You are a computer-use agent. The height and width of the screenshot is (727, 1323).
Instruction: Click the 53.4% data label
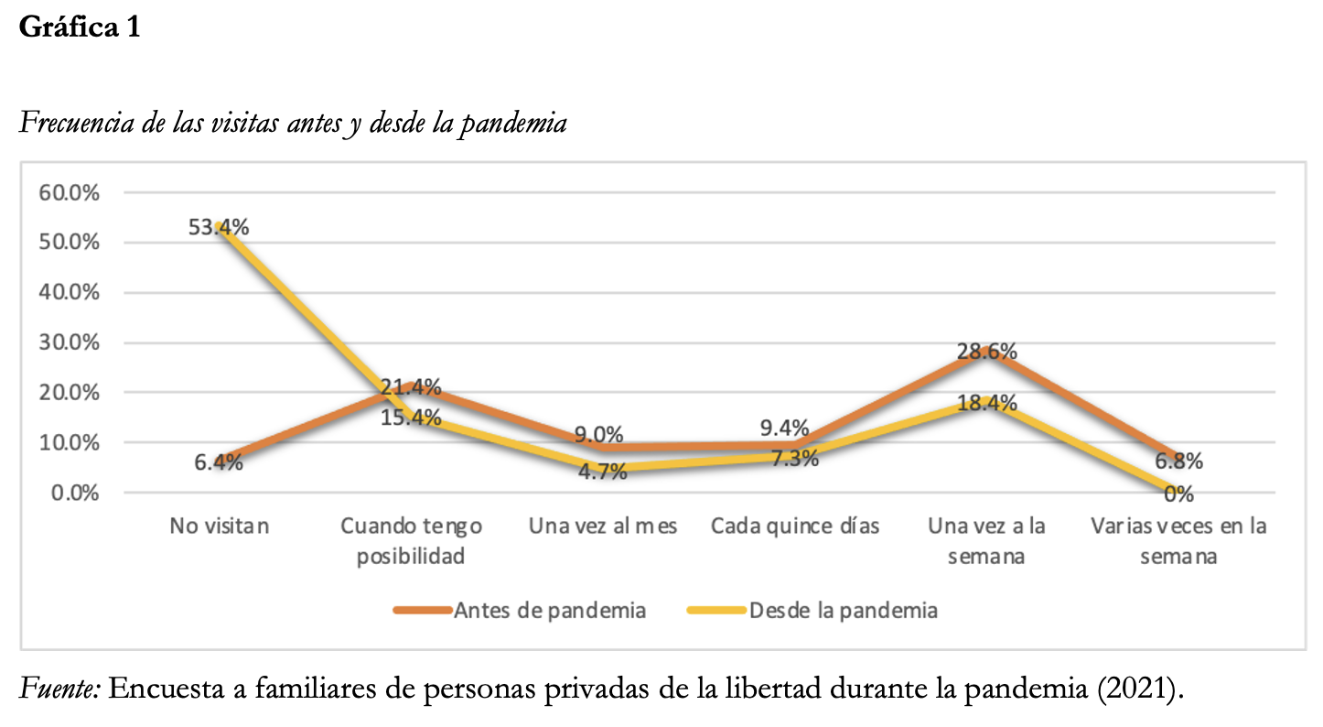tap(219, 227)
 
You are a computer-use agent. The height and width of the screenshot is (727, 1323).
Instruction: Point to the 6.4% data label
tap(219, 462)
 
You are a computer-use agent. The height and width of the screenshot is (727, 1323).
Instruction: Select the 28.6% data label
tap(987, 353)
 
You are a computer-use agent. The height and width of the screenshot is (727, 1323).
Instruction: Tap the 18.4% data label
tap(987, 404)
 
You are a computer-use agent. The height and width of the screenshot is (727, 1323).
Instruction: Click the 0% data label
tap(1178, 494)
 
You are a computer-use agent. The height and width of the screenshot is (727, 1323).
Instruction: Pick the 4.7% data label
tap(602, 472)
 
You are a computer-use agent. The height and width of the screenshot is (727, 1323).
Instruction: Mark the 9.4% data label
tap(784, 428)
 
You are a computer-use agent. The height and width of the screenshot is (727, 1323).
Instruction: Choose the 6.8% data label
tap(1178, 461)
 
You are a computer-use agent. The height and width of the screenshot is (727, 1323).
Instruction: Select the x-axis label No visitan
tap(220, 526)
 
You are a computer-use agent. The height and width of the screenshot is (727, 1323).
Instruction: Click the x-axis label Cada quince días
tap(795, 526)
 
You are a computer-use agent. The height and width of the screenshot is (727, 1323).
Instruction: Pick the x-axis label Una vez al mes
tap(603, 526)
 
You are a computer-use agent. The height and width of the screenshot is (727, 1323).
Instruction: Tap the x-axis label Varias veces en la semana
tap(1178, 540)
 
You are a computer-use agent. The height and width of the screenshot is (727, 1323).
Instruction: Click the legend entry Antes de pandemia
tap(550, 611)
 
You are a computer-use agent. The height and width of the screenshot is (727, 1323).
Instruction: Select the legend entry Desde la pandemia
tap(843, 611)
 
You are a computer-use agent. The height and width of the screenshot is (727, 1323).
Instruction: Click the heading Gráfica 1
tap(80, 27)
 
